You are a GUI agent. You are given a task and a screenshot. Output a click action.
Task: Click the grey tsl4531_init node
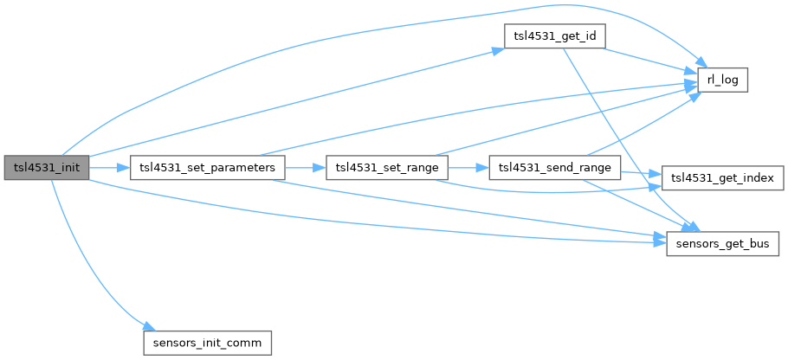[x=46, y=168]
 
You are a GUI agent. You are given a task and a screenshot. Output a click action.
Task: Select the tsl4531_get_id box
[x=553, y=37]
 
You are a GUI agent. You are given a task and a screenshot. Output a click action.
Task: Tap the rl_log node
[x=722, y=80]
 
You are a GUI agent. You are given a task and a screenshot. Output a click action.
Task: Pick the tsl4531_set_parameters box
[x=207, y=168]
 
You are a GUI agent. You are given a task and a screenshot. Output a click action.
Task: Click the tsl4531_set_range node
[x=386, y=168]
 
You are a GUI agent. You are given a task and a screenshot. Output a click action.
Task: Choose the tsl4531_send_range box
[x=554, y=168]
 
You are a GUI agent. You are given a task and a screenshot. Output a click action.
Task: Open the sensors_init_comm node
[x=207, y=342]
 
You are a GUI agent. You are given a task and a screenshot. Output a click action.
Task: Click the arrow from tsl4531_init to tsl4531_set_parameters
[x=109, y=168]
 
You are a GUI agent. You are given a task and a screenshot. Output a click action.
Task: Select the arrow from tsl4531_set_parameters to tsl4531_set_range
[x=304, y=168]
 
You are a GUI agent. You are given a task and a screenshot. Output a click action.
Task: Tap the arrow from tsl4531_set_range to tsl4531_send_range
[x=468, y=168]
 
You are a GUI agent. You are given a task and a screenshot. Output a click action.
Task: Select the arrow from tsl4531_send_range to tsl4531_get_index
[x=641, y=173]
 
